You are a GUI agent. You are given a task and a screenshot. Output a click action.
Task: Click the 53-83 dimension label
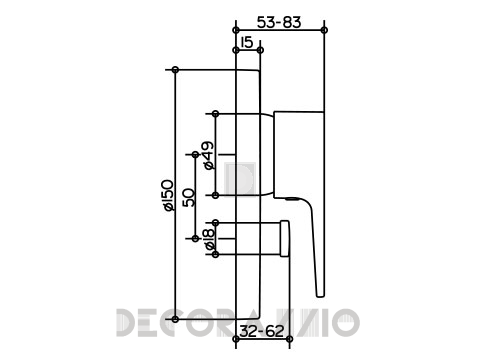coord(279,23)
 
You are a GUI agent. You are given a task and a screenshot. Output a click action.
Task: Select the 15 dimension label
coord(247,42)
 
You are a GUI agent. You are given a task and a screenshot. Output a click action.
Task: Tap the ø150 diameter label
coord(167,195)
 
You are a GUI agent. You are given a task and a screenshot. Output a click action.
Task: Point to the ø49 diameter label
coord(208,155)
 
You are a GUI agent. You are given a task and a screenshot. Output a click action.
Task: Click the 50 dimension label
coord(189,197)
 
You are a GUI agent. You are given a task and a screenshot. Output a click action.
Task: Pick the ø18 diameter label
coord(209,239)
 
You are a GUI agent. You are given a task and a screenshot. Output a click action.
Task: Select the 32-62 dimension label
coord(262,331)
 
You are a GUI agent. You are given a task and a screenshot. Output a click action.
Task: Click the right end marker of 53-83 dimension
coord(324,30)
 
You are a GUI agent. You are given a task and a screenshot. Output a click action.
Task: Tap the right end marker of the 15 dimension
coord(261,50)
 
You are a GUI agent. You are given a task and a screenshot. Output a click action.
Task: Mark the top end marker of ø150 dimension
coord(175,70)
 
